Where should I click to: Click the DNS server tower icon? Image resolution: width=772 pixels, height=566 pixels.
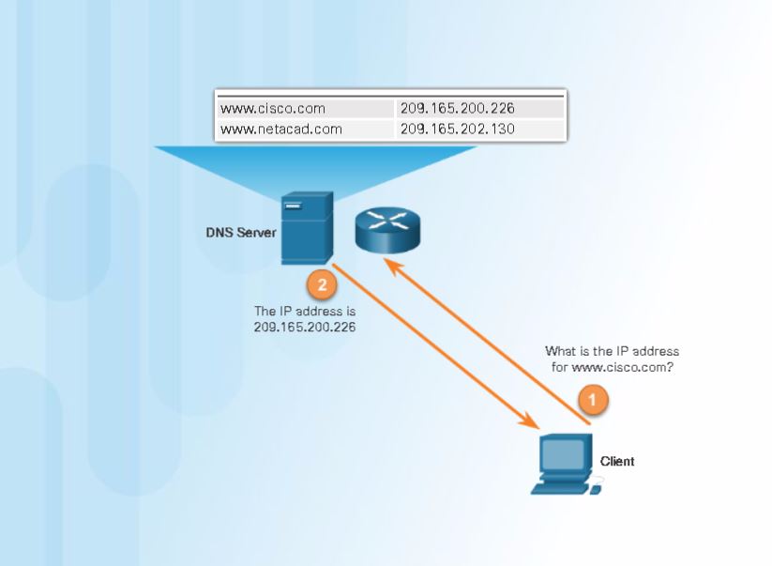tap(306, 228)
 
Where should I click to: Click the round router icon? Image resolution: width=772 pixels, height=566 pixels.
tap(388, 228)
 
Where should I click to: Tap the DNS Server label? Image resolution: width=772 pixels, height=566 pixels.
tap(241, 232)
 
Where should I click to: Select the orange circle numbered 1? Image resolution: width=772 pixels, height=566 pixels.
tap(592, 400)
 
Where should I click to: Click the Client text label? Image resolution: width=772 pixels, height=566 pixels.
tap(617, 461)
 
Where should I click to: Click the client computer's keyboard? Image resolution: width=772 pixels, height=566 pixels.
tap(559, 487)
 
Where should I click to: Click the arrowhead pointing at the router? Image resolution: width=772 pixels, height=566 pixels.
tap(392, 268)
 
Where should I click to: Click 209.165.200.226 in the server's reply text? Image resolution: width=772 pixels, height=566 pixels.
tap(305, 327)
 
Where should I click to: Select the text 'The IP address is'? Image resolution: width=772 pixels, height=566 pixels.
tap(305, 310)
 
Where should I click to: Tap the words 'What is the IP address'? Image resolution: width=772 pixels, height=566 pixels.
tap(612, 351)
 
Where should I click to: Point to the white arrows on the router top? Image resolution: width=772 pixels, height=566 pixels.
tap(388, 220)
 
